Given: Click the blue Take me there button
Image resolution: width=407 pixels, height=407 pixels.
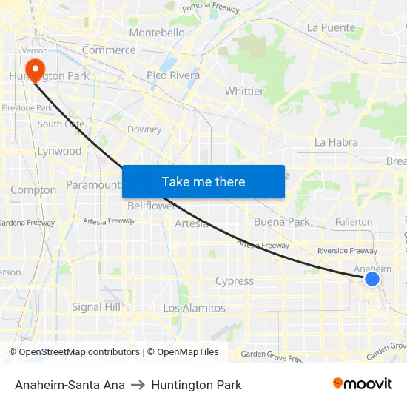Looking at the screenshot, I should pyautogui.click(x=203, y=181).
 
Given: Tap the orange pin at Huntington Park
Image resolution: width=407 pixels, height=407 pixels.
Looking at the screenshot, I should pyautogui.click(x=33, y=69).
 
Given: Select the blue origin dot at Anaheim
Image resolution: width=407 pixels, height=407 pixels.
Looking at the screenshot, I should pyautogui.click(x=372, y=278).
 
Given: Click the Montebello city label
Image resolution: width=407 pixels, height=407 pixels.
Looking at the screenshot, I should pyautogui.click(x=157, y=33).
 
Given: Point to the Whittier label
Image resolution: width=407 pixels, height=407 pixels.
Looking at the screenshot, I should pyautogui.click(x=244, y=91).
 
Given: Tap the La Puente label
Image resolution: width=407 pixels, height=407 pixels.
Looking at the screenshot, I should pyautogui.click(x=332, y=27).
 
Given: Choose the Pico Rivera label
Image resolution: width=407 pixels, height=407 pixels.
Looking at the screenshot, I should pyautogui.click(x=173, y=75).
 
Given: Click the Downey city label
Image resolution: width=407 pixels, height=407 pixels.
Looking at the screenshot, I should pyautogui.click(x=144, y=129).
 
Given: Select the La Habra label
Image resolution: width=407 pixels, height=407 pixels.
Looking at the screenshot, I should pyautogui.click(x=336, y=142).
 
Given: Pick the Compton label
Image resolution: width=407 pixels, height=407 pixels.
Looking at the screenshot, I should pyautogui.click(x=33, y=190).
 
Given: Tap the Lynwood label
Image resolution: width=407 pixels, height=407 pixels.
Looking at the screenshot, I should pyautogui.click(x=59, y=151).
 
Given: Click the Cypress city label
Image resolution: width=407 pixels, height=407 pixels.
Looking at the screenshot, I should pyautogui.click(x=234, y=281).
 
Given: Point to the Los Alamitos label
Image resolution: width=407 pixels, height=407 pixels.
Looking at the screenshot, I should pyautogui.click(x=194, y=308).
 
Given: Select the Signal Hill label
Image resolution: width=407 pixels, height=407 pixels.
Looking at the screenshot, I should pyautogui.click(x=96, y=306).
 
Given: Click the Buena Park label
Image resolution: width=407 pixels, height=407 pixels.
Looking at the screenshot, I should pyautogui.click(x=281, y=221).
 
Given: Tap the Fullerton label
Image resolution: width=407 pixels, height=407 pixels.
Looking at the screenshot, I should pyautogui.click(x=354, y=222).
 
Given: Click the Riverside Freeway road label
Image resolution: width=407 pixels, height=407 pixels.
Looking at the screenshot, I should pyautogui.click(x=347, y=251).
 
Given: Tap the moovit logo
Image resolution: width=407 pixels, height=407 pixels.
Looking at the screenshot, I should pyautogui.click(x=363, y=384).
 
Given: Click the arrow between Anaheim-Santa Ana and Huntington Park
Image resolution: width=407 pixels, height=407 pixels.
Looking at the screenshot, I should pyautogui.click(x=138, y=385).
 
